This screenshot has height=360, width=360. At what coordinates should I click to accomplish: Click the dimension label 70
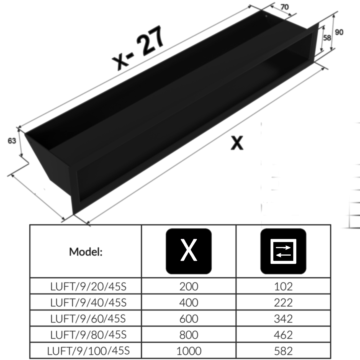284,7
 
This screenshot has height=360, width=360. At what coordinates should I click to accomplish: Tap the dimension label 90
339,32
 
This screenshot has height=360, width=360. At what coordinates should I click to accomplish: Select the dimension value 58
327,38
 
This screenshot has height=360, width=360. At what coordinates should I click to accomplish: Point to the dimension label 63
12,141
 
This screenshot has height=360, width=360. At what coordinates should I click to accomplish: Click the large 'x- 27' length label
138,48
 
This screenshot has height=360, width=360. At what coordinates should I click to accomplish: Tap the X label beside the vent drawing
237,143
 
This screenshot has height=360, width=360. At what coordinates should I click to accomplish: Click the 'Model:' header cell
86,252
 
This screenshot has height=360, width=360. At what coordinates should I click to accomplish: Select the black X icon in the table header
189,251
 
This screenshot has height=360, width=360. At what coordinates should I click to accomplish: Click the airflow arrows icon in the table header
283,251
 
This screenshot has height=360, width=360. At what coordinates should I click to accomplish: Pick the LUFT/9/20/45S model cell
88,286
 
